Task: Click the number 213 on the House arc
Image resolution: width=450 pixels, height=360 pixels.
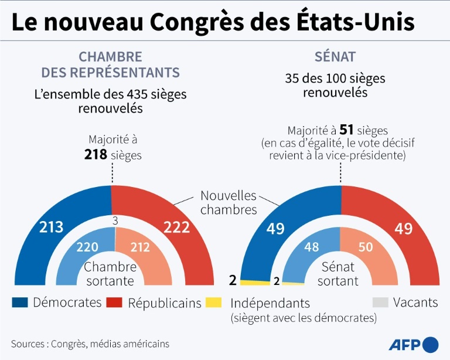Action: tap(51, 227)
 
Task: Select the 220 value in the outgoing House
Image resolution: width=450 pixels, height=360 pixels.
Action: tap(87, 247)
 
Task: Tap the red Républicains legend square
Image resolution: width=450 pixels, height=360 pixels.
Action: tap(114, 303)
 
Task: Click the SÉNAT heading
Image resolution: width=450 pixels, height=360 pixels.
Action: tap(335, 57)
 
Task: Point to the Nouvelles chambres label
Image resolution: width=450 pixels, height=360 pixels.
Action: tap(229, 202)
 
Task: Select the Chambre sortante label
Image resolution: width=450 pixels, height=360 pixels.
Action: tap(111, 274)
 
